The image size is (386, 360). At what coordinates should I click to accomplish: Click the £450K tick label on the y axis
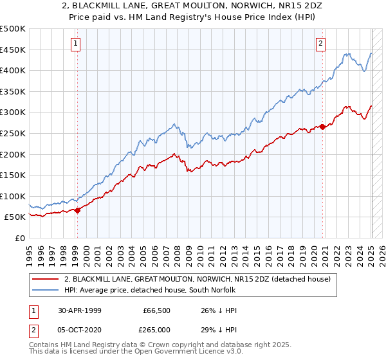(13, 50)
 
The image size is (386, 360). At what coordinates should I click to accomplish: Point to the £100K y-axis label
(13, 196)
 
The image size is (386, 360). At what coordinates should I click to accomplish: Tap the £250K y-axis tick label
(13, 133)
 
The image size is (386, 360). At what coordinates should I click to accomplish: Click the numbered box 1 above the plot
(76, 44)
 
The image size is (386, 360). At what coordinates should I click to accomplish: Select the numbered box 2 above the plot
(320, 44)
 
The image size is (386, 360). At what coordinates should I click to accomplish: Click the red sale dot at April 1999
(77, 210)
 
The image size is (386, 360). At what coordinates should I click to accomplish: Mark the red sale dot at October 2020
(322, 127)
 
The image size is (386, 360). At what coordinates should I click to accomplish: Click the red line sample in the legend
(46, 279)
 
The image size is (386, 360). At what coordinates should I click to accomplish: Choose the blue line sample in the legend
(46, 290)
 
